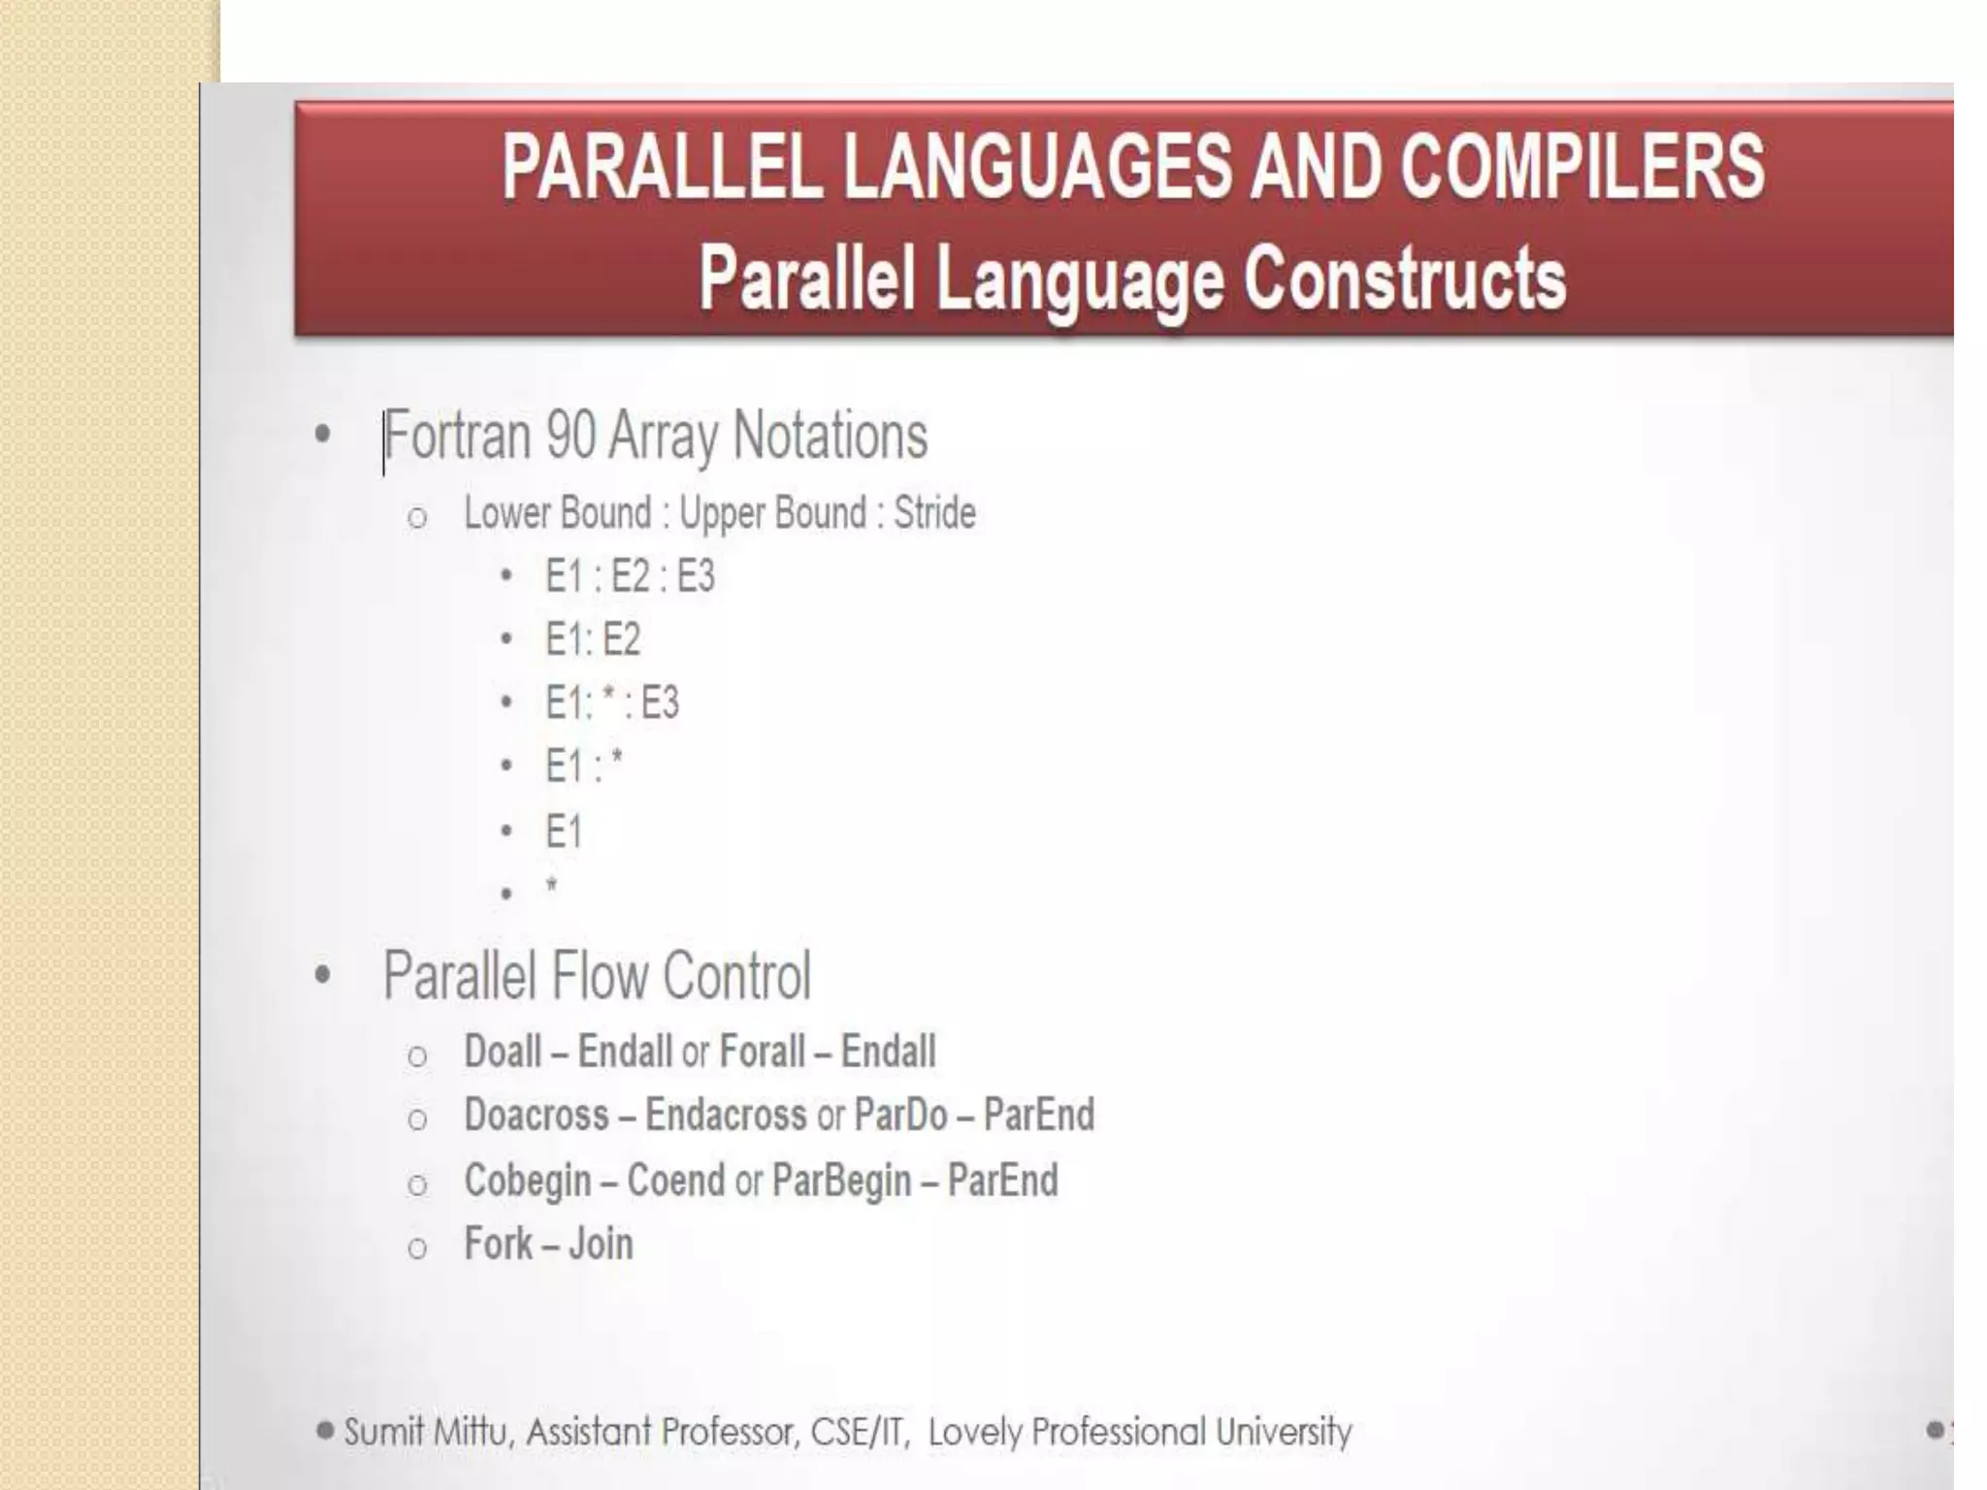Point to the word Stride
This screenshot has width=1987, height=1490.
click(x=934, y=513)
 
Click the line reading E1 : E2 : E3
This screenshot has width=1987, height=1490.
click(x=630, y=576)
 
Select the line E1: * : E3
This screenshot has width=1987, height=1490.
click(x=611, y=703)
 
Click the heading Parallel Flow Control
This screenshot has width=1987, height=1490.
click(x=597, y=976)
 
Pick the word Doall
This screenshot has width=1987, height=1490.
click(x=503, y=1052)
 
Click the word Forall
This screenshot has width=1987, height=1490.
click(x=763, y=1052)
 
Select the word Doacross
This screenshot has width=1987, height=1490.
click(x=537, y=1116)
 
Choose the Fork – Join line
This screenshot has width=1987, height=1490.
click(x=548, y=1245)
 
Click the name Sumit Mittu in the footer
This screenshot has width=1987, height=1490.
click(x=427, y=1432)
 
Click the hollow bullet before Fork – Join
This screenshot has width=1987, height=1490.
click(x=417, y=1248)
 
